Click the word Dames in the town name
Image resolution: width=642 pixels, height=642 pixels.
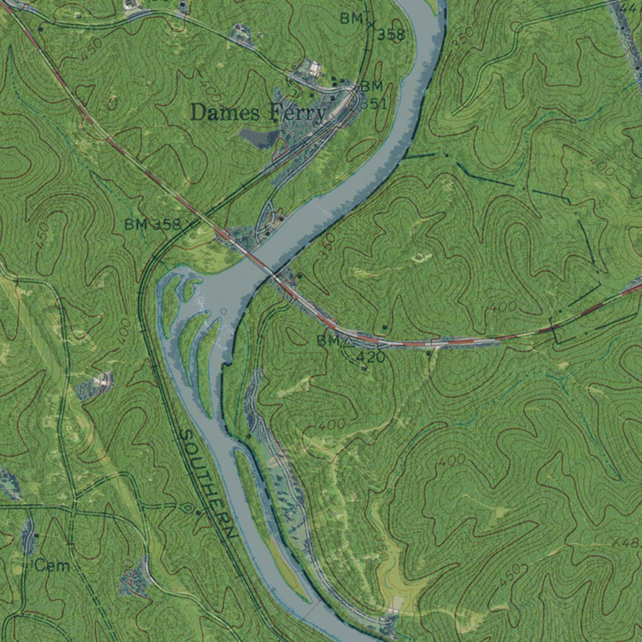pos(224,113)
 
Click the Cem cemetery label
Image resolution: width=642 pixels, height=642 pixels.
pos(52,566)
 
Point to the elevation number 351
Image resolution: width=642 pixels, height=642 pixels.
pos(374,104)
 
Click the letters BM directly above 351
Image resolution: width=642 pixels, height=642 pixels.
pos(371,87)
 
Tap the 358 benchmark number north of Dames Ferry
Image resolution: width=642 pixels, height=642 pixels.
pos(391,35)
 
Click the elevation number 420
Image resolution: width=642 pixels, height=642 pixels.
pos(371,357)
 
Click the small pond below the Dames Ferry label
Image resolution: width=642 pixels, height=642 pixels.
pos(258,137)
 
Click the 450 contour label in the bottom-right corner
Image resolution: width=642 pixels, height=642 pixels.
pos(509,576)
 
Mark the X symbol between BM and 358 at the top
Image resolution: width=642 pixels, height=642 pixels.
pos(371,26)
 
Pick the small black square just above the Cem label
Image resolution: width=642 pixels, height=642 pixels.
pos(37,535)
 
